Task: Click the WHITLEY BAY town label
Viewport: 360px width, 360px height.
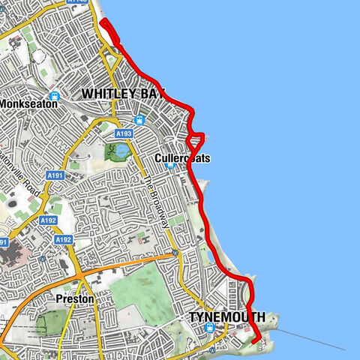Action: click(123, 93)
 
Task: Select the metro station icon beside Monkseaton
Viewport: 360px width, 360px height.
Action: click(54, 97)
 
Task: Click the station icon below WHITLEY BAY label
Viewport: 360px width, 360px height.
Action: click(139, 120)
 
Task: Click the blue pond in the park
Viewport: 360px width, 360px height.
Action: click(120, 152)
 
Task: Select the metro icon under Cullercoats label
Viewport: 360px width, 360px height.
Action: click(172, 166)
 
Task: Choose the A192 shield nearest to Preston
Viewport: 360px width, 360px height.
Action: click(63, 239)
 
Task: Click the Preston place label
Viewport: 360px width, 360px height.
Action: click(76, 298)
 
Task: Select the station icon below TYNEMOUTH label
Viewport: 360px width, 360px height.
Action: click(210, 328)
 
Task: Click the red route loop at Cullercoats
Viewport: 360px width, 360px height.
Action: click(197, 138)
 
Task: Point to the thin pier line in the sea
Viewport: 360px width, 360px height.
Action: click(315, 340)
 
